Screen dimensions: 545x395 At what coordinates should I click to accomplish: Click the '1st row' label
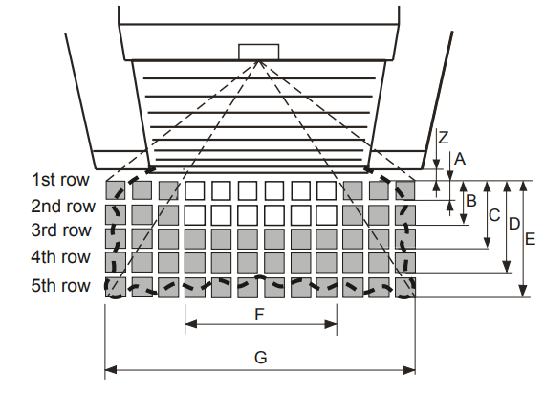[x=60, y=180]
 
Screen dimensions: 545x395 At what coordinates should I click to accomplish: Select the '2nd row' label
[x=63, y=207]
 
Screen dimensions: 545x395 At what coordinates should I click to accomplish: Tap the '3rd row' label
[x=61, y=230]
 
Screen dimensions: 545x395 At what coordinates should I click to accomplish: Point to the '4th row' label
[x=61, y=257]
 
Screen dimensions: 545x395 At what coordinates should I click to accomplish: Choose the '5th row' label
[x=61, y=285]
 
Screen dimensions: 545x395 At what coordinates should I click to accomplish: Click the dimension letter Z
[x=443, y=138]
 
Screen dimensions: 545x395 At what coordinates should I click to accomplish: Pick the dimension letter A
[x=460, y=159]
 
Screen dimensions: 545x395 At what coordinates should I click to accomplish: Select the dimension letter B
[x=471, y=201]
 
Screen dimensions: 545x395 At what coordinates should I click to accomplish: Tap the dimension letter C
[x=494, y=215]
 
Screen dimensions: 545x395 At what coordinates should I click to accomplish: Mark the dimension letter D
[x=514, y=224]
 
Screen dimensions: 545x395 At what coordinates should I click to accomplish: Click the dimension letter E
[x=530, y=239]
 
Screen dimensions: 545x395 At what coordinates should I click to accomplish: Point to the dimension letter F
[x=259, y=315]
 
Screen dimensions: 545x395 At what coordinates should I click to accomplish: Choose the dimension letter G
[x=261, y=358]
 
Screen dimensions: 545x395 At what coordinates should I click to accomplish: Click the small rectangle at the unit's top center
[x=258, y=52]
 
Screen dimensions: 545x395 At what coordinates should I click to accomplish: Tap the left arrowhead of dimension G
[x=111, y=370]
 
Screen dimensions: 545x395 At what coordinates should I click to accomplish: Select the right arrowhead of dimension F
[x=331, y=324]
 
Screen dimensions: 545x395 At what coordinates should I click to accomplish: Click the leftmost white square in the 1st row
[x=195, y=190]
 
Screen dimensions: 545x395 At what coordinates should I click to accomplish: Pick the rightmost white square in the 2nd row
[x=327, y=215]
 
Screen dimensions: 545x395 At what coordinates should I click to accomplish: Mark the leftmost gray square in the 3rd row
[x=116, y=238]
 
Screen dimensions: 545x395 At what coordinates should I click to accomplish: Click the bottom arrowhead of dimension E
[x=523, y=291]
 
